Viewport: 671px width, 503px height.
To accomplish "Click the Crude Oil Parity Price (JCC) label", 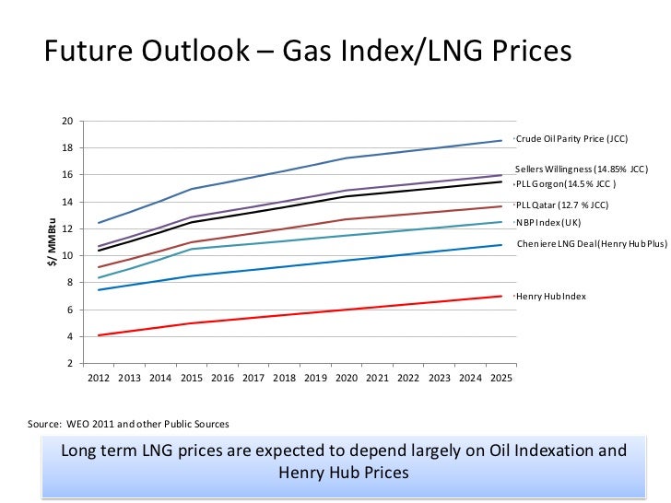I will pos(572,139).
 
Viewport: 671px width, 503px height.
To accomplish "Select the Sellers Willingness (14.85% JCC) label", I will pos(582,170).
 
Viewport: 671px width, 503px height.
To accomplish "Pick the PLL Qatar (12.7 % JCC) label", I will pos(562,205).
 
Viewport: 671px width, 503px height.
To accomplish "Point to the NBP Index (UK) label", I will pos(547,222).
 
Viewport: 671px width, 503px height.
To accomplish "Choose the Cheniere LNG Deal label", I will pos(591,243).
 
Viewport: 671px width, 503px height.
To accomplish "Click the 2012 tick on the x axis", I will pos(99,378).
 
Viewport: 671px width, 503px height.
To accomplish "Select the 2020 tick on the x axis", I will pos(346,378).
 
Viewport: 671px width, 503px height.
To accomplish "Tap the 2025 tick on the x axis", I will pos(500,378).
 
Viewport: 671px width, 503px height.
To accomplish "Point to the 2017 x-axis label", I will pos(253,378).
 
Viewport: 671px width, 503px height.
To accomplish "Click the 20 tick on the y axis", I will pos(67,122).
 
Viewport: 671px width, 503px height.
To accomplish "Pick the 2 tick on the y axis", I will pos(70,364).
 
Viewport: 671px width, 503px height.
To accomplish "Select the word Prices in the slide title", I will pos(523,53).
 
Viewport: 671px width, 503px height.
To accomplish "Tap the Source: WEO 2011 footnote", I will pos(128,424).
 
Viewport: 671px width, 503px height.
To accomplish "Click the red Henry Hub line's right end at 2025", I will pos(501,296).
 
